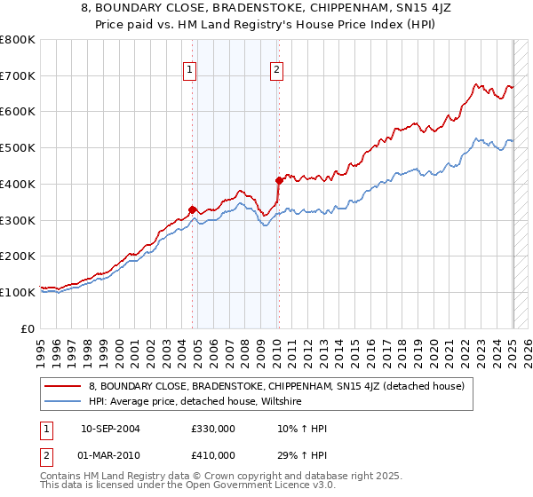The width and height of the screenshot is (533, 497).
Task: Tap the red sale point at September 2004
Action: click(193, 209)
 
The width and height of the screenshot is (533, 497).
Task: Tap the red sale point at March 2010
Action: click(279, 180)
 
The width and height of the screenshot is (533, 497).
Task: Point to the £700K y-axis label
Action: click(20, 75)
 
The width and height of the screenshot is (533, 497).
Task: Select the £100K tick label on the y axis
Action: click(20, 292)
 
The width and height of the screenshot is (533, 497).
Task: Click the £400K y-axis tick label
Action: click(20, 184)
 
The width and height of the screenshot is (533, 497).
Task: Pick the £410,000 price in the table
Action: click(213, 455)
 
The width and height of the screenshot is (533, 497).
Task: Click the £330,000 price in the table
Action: click(213, 429)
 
